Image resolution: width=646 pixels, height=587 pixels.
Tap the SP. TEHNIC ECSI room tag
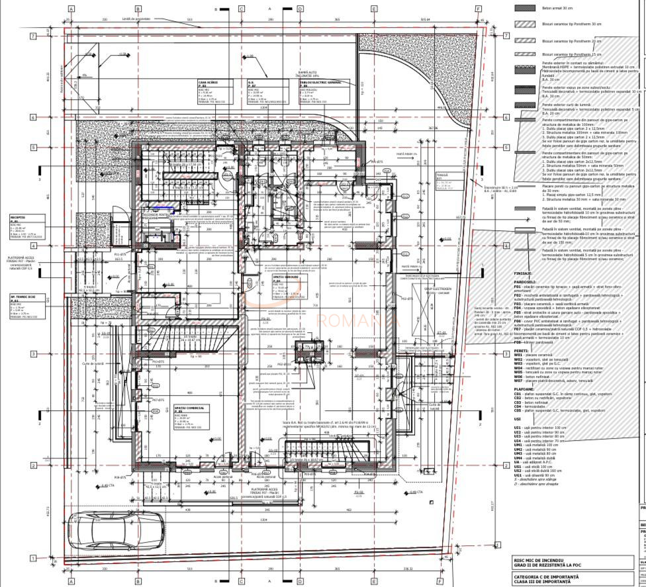coord(26,305)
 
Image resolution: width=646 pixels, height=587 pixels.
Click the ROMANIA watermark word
coord(357,321)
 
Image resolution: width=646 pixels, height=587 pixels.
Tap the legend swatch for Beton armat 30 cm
coord(524,8)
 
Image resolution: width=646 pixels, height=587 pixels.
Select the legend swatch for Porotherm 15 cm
coord(524,54)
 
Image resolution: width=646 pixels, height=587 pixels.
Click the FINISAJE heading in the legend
coord(524,272)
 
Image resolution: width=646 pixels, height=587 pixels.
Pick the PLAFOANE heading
coord(526,388)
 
